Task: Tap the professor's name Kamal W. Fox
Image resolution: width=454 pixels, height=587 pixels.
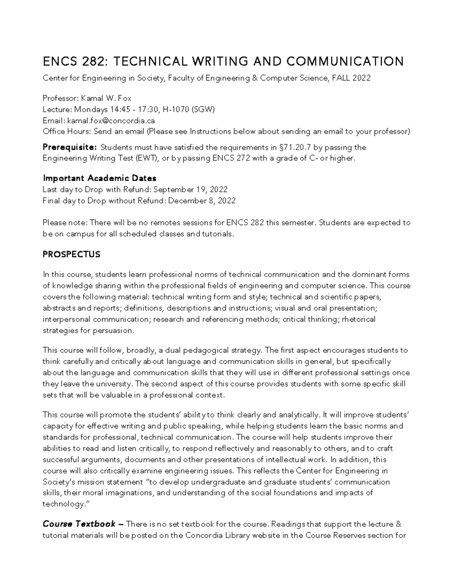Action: [x=106, y=99]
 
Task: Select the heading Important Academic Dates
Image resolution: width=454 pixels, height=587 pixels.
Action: [x=100, y=178]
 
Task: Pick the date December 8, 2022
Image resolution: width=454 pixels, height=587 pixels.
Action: [x=202, y=201]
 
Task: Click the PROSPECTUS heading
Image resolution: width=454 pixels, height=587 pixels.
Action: [x=72, y=254]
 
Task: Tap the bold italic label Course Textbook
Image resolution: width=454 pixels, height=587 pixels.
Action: [x=79, y=524]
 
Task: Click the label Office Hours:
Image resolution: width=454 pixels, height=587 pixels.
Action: [x=67, y=132]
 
